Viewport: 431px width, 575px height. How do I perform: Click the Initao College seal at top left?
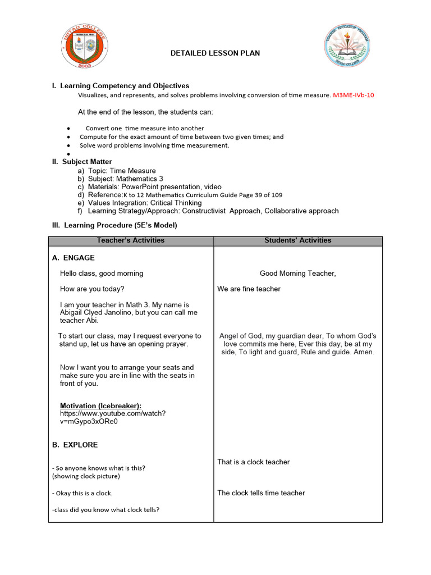[x=85, y=47]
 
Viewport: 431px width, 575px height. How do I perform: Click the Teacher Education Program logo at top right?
[x=346, y=47]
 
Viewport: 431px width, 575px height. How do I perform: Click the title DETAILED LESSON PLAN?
[x=215, y=53]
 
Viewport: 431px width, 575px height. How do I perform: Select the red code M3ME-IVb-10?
[x=354, y=95]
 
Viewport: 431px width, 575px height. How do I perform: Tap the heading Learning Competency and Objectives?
[x=125, y=86]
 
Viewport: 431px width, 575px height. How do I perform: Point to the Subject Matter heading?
[x=86, y=162]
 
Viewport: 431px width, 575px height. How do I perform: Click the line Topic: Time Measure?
[x=122, y=171]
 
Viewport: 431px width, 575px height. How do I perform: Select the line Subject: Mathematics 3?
[x=125, y=179]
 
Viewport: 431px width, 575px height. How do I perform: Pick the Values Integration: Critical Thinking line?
[x=145, y=203]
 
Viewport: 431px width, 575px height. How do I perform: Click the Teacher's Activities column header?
[x=131, y=240]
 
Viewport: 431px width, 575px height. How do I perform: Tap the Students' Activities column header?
[x=297, y=240]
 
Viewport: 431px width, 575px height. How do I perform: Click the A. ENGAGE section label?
[x=74, y=258]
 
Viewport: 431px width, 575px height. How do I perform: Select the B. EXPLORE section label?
[x=75, y=445]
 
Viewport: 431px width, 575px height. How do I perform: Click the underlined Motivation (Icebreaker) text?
[x=100, y=405]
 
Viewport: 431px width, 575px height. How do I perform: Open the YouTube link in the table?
[x=112, y=417]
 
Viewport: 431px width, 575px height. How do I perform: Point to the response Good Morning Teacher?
[x=297, y=273]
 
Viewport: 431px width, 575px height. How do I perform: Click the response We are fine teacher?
[x=249, y=289]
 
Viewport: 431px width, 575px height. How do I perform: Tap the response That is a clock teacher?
[x=253, y=462]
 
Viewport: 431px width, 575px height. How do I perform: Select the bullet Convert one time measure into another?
[x=144, y=129]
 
